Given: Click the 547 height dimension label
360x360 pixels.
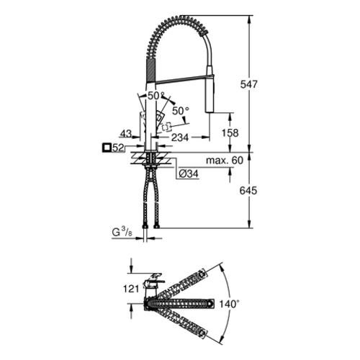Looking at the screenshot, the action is coord(248,84).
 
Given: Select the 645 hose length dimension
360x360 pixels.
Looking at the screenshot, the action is coord(248,191).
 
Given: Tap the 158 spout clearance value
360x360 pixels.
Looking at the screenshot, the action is coord(230,132).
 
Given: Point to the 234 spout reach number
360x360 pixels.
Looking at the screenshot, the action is coord(180,138).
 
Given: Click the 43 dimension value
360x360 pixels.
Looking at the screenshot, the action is coord(126,134).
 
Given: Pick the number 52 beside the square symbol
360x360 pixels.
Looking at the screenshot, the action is coord(118,148).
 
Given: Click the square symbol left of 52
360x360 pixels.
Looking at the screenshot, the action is coord(107,148).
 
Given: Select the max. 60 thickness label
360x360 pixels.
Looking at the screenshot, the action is coord(225,160).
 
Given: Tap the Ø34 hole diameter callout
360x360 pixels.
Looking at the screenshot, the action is coord(189,174).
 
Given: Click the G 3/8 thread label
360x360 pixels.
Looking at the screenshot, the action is coord(122,233).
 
